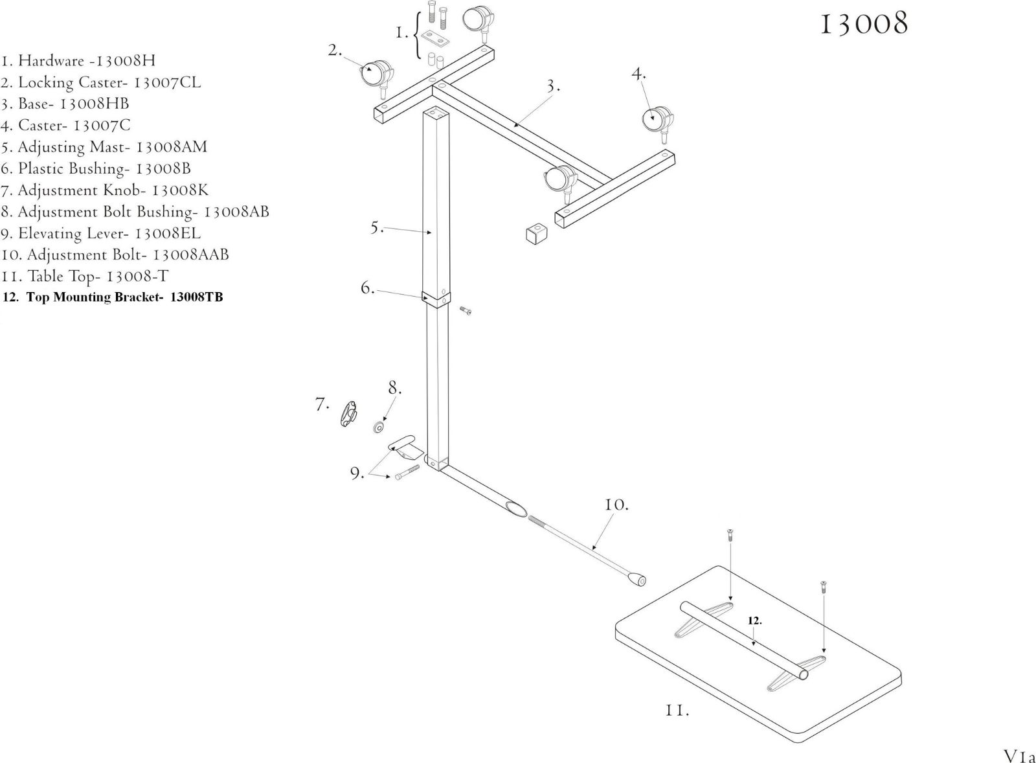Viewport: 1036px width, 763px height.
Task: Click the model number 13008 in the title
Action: click(x=864, y=25)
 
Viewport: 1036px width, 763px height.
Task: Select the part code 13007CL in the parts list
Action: click(x=167, y=82)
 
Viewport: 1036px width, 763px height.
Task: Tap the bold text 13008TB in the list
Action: click(x=196, y=298)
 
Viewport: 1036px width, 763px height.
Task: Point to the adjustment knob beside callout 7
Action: click(x=349, y=414)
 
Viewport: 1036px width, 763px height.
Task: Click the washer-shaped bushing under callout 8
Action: click(x=379, y=428)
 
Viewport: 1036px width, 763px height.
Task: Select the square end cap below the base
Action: click(x=534, y=234)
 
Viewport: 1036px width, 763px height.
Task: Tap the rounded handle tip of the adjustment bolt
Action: click(x=636, y=579)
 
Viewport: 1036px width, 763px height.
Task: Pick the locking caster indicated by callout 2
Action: click(x=376, y=73)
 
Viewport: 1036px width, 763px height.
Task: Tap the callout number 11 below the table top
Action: click(x=676, y=711)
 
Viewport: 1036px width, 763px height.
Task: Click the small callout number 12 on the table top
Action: click(x=754, y=621)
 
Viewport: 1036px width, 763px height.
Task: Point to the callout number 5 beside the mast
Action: click(x=377, y=228)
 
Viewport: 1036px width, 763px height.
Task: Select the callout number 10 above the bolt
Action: click(x=616, y=504)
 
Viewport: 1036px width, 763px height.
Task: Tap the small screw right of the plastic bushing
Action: click(x=465, y=311)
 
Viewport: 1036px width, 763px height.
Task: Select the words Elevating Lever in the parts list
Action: click(x=72, y=233)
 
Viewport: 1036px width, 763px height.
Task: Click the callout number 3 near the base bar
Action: click(x=552, y=86)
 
